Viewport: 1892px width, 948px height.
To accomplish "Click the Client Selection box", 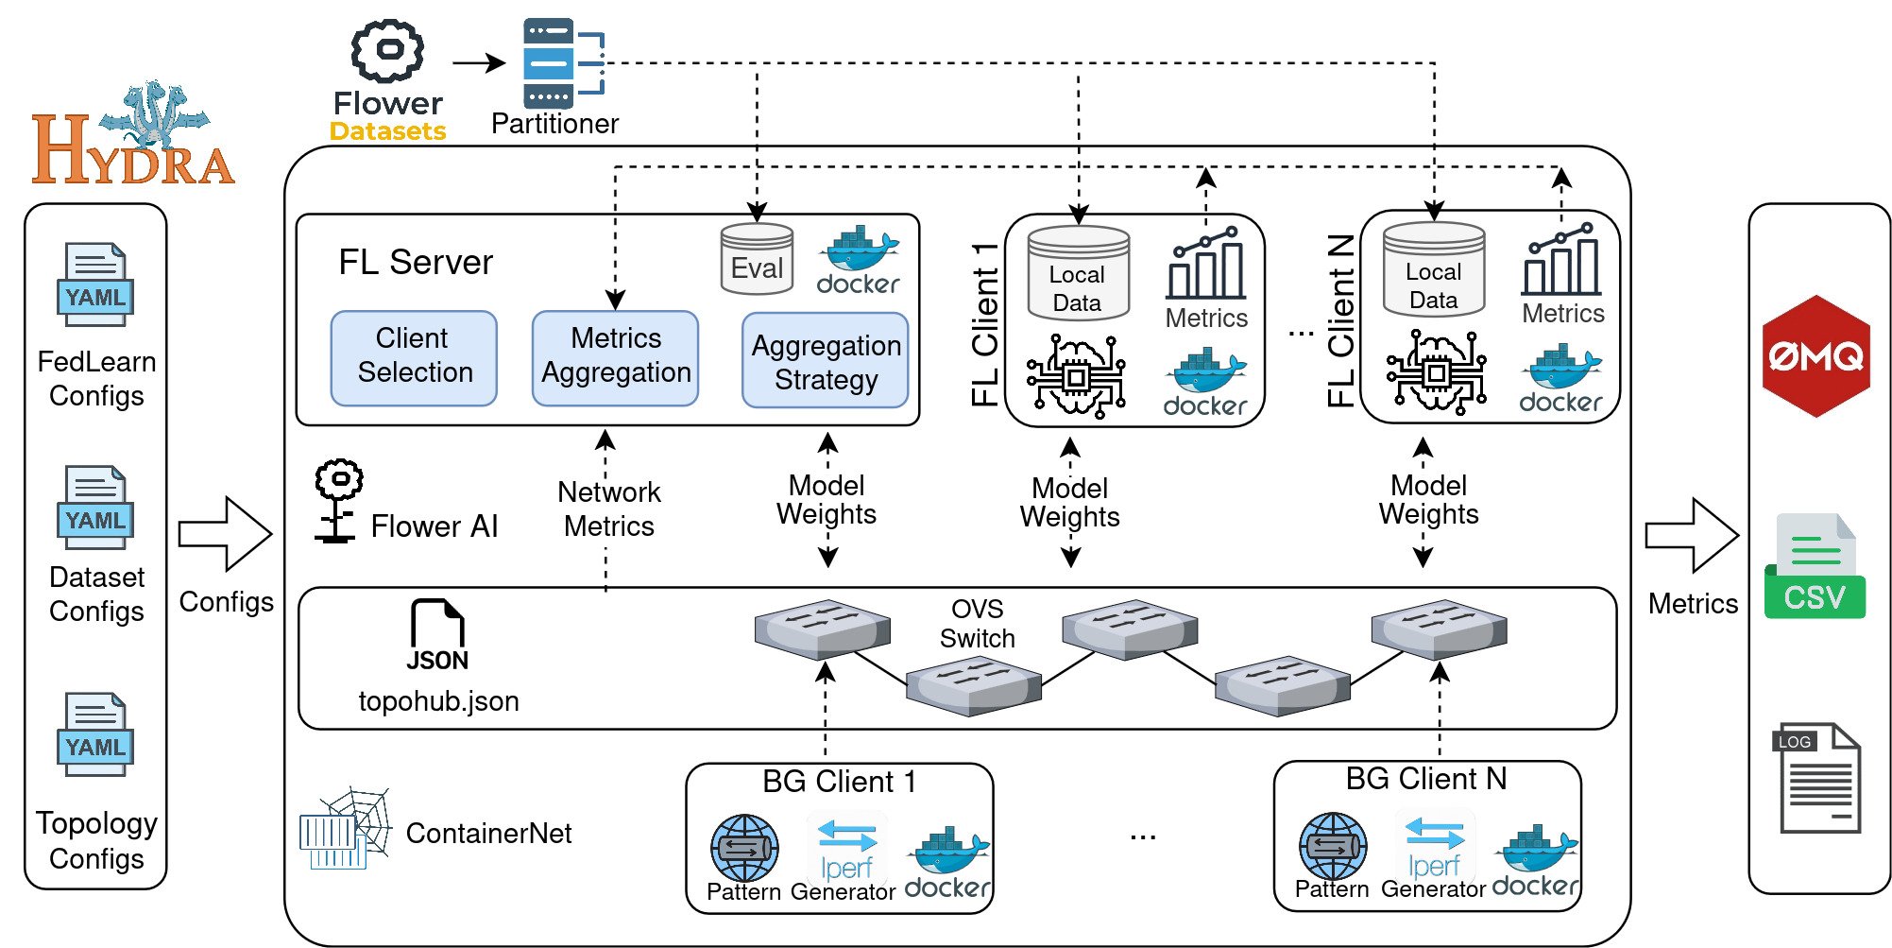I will [414, 357].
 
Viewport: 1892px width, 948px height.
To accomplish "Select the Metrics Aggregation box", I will [615, 357].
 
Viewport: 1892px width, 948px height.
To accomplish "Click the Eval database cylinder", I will [757, 259].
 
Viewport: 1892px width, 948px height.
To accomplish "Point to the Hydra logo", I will [134, 137].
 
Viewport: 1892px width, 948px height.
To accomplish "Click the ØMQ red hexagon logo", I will [1815, 356].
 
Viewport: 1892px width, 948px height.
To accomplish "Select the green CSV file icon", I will [1815, 567].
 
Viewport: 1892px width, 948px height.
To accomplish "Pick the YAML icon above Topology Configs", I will [95, 734].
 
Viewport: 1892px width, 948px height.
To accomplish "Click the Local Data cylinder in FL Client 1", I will [1078, 274].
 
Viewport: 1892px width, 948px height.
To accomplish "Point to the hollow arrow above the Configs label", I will [226, 535].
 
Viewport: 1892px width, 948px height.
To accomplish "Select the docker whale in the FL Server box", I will [858, 260].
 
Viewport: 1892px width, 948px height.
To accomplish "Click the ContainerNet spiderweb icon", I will [347, 828].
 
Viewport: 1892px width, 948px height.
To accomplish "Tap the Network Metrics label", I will [609, 508].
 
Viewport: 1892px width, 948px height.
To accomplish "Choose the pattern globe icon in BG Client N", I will [1333, 846].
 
